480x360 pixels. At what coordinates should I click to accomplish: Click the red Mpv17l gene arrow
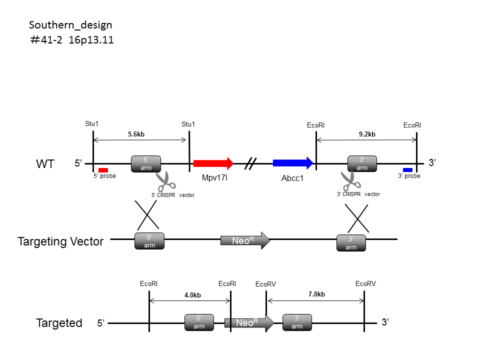tap(213, 163)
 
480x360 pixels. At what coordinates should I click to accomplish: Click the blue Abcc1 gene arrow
tap(293, 163)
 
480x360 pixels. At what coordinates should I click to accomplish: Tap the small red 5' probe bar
tap(103, 170)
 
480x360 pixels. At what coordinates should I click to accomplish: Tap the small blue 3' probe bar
tap(408, 170)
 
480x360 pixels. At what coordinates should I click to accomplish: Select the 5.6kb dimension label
tap(136, 134)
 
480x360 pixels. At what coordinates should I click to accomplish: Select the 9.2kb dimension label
tap(367, 134)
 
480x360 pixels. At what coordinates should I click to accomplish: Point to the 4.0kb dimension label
tap(192, 295)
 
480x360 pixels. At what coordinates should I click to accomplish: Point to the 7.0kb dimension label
tap(316, 294)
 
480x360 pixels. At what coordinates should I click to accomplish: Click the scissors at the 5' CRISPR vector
tap(165, 181)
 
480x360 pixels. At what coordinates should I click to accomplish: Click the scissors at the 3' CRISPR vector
tap(350, 180)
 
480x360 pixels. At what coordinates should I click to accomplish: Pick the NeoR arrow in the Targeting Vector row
tap(245, 240)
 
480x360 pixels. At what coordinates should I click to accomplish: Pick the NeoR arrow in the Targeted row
tap(249, 322)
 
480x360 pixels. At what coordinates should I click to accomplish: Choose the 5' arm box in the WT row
tap(146, 164)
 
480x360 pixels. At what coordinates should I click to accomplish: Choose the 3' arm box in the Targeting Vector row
tap(351, 243)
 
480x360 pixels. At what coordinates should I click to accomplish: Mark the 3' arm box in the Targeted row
tap(297, 322)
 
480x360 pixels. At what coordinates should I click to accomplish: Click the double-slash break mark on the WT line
tap(250, 163)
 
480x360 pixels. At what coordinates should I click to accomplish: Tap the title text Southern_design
tap(70, 25)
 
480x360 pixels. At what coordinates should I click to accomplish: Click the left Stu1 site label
tap(91, 123)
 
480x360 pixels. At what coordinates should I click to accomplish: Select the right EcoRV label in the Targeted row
tap(365, 284)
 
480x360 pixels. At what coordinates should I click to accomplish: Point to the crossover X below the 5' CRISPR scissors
tap(147, 214)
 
